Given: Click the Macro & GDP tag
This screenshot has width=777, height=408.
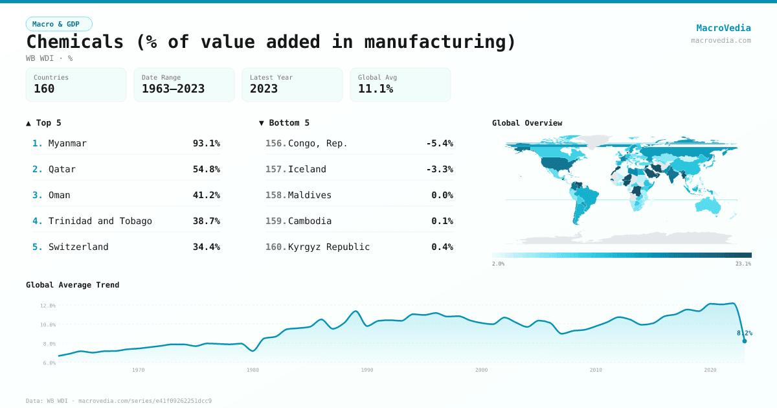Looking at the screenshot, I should point(59,24).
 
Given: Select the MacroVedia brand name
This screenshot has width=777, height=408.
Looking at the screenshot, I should point(723,28).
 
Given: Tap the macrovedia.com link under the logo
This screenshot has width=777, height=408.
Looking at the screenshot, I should point(721,40).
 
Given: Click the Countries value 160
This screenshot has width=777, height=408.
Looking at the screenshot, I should point(44,89).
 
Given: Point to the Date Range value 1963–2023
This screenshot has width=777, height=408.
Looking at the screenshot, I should point(173,89).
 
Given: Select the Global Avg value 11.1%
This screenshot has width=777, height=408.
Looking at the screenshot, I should point(376,89).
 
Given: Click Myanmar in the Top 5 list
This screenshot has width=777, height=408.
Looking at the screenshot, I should point(67,143).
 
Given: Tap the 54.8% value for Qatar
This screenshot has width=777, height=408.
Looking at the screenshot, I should point(206,169).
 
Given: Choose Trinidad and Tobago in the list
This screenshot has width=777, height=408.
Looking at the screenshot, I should point(100,221).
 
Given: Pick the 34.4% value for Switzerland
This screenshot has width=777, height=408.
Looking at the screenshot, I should point(206,247).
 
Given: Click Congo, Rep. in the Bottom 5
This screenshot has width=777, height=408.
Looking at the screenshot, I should point(317,143).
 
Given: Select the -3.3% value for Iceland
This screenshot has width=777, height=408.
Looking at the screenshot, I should point(439,169).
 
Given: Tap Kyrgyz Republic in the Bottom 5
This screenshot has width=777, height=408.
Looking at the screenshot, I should point(329,247).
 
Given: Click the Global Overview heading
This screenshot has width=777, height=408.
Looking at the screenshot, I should point(527,123).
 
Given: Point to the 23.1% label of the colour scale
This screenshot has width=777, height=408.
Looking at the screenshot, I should point(743,264).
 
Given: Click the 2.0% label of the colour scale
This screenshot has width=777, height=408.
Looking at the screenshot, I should point(498,264).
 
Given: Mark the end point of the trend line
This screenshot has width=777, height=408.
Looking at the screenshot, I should point(744,341).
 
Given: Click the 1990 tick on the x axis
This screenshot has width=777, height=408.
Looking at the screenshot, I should point(367,370).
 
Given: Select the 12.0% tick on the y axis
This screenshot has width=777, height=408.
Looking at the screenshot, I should point(48,305).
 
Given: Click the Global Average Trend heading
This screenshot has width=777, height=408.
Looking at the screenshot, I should point(73,285).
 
